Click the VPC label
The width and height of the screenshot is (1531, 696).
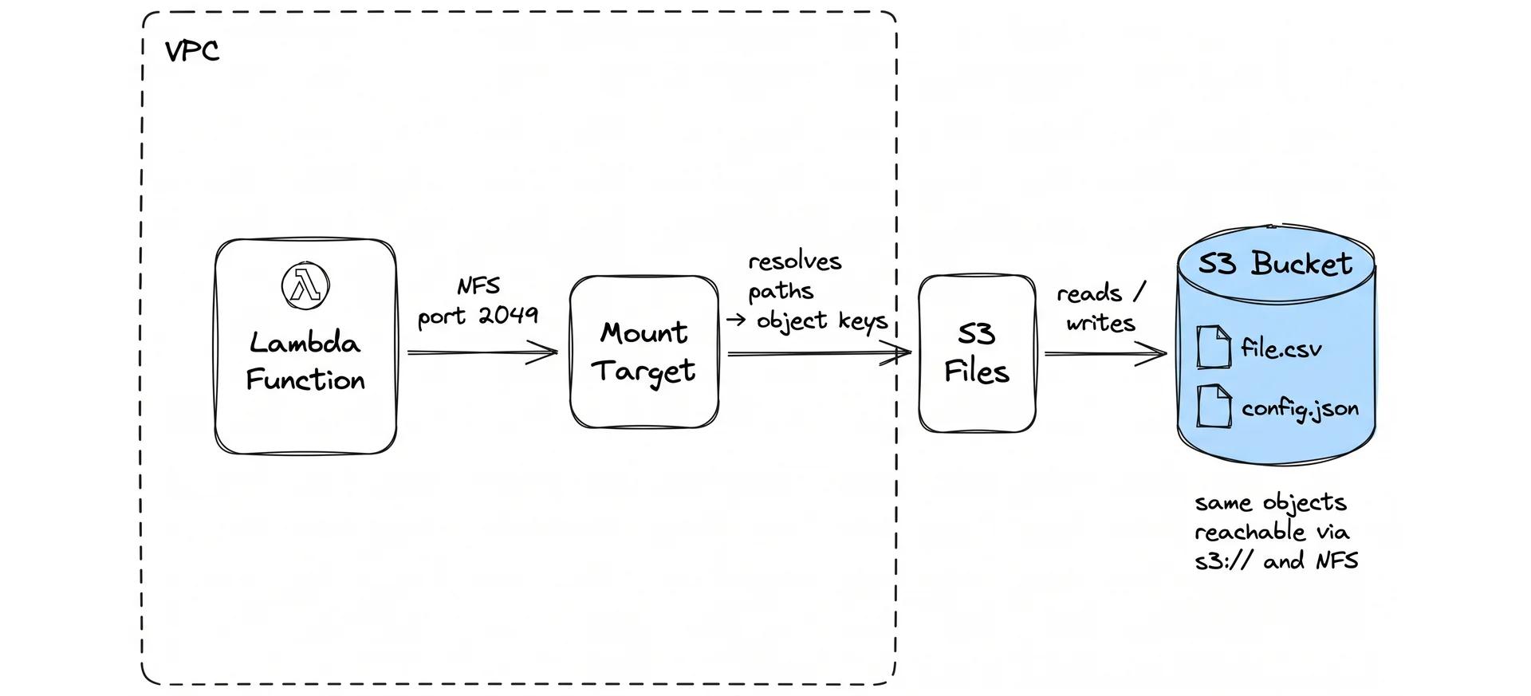click(x=191, y=52)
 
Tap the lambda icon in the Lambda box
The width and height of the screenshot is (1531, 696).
click(x=305, y=285)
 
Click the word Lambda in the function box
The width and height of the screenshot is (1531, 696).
click(x=305, y=343)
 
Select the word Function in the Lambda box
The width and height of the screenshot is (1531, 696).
click(x=305, y=379)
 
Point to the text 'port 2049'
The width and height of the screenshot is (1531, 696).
click(x=478, y=316)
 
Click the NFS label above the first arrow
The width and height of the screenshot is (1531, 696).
click(x=478, y=286)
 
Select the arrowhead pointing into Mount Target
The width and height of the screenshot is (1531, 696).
click(x=547, y=352)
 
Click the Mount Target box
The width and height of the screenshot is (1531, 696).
click(x=643, y=352)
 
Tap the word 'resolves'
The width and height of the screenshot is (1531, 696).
click(x=794, y=261)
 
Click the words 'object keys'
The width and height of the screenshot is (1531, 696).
click(x=821, y=320)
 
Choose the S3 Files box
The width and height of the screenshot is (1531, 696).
click(x=976, y=353)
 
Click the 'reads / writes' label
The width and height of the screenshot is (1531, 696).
click(x=1100, y=308)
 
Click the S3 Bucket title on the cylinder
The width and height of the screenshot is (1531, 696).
click(x=1275, y=264)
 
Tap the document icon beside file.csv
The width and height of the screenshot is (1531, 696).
click(x=1214, y=347)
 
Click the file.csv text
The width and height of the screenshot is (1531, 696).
click(x=1281, y=348)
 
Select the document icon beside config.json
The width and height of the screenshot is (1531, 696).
click(x=1214, y=406)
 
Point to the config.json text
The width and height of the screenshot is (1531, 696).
click(x=1300, y=409)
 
